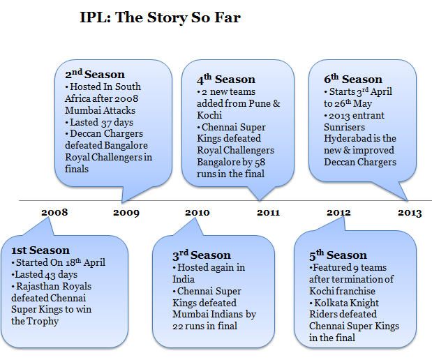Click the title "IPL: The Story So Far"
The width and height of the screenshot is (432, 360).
click(x=160, y=17)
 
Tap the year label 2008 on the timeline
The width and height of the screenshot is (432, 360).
click(x=54, y=212)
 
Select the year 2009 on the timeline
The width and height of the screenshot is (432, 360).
click(x=126, y=213)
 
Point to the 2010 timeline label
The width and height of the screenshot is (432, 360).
click(x=198, y=213)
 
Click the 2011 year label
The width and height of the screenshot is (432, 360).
click(x=268, y=213)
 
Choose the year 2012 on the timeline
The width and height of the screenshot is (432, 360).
click(x=338, y=213)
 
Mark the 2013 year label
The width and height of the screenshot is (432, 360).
click(x=410, y=213)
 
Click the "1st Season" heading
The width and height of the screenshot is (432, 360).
click(x=40, y=250)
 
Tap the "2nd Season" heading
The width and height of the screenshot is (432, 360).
click(x=95, y=74)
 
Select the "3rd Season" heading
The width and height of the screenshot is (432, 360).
click(x=202, y=255)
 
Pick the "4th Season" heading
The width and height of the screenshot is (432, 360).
click(x=226, y=80)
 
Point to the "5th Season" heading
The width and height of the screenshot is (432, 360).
click(x=338, y=255)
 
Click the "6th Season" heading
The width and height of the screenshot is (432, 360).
click(x=353, y=79)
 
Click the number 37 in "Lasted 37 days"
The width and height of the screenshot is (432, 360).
click(x=106, y=123)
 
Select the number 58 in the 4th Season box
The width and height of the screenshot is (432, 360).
click(x=260, y=163)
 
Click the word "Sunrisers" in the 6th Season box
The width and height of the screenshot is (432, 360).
click(x=344, y=127)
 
